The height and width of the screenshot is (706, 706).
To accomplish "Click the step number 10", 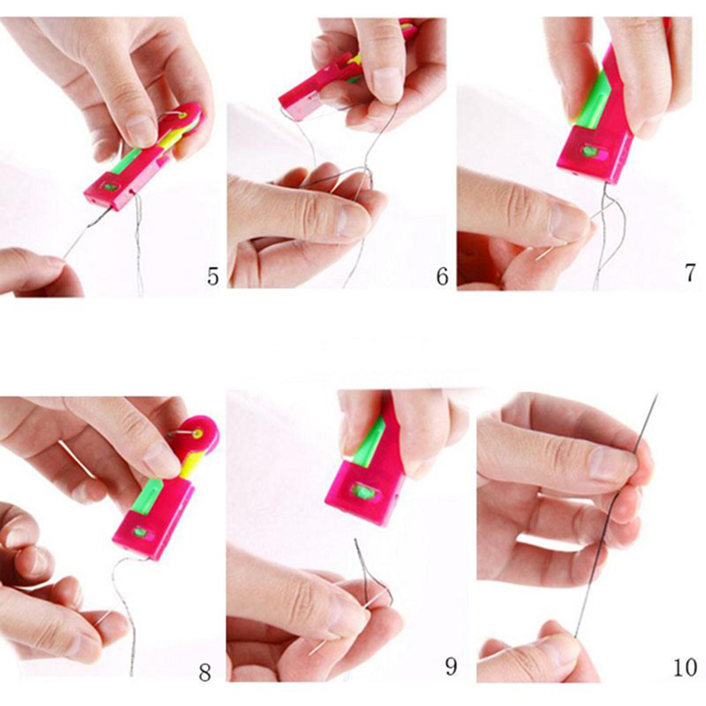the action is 684,667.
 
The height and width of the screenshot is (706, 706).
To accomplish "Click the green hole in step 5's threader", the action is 110,187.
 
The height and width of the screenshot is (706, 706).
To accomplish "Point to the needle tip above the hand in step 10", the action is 658,394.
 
